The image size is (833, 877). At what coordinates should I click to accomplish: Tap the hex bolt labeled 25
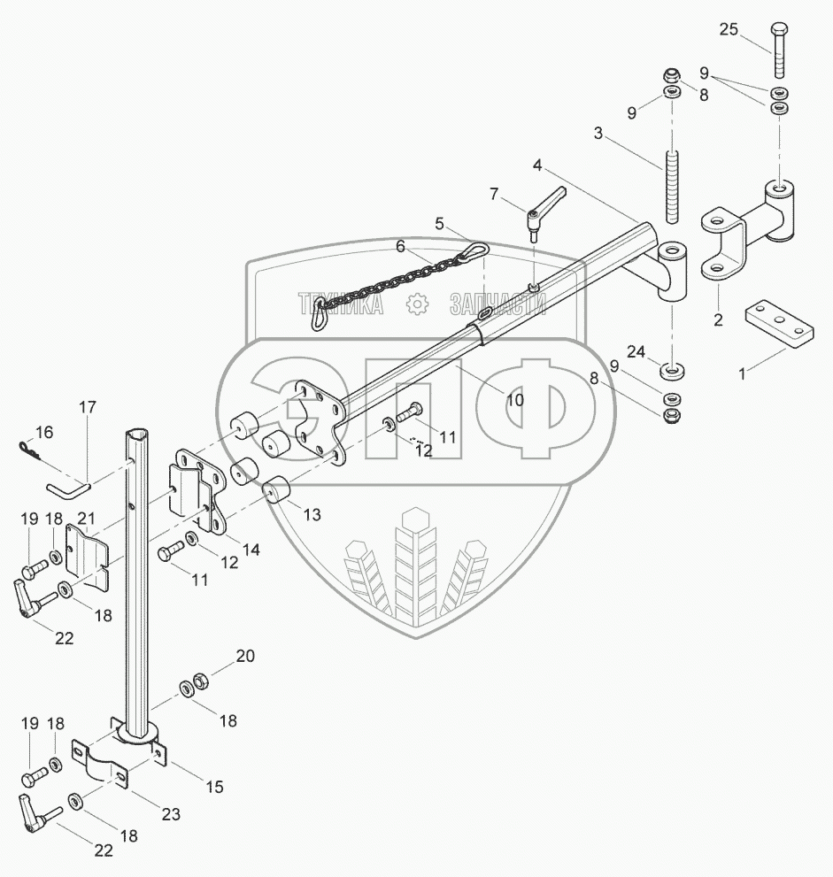click(779, 49)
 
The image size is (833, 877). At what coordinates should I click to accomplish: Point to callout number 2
click(718, 319)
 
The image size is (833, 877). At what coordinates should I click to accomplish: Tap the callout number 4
click(537, 165)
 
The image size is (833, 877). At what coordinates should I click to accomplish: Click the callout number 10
click(514, 400)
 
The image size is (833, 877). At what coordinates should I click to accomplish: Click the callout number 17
click(87, 408)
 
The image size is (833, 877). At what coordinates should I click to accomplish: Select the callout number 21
click(85, 518)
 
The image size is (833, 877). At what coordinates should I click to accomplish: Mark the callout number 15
click(214, 786)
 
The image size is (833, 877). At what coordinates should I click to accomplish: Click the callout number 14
click(251, 550)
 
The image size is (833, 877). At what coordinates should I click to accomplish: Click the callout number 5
click(439, 224)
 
